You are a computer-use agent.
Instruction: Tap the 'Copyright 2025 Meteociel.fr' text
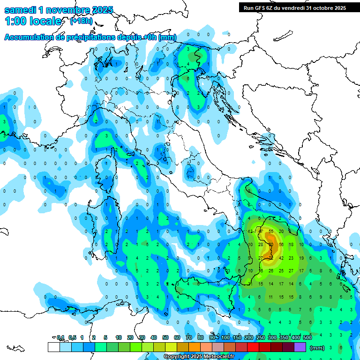[199, 357]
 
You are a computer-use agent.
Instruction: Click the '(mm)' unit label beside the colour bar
[317, 348]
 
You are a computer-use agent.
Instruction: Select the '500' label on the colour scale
[307, 337]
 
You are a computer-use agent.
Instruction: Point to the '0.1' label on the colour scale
[60, 337]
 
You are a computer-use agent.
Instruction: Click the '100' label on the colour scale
[225, 337]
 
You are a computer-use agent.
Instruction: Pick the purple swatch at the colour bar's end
[300, 347]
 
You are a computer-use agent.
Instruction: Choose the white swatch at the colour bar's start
[53, 347]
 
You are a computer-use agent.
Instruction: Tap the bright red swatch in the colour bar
[253, 347]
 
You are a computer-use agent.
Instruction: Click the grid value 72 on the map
[270, 258]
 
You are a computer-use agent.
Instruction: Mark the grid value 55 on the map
[271, 232]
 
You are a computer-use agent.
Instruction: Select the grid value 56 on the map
[281, 245]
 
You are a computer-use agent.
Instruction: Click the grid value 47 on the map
[261, 232]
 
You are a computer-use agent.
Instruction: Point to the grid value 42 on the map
[281, 258]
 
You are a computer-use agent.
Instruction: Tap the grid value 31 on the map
[250, 284]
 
